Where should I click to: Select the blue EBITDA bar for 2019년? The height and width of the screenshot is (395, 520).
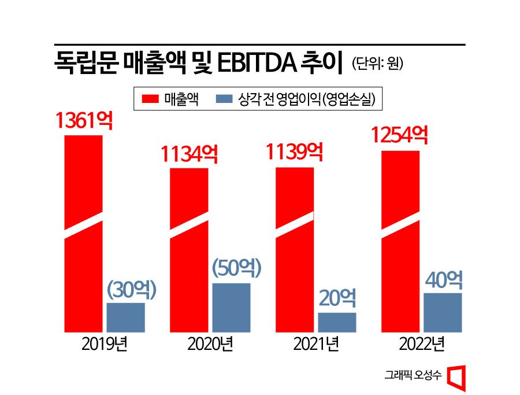point(125,318)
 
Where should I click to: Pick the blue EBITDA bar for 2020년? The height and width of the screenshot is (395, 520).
point(231,308)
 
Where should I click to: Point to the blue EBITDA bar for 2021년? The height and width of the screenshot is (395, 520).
point(337,322)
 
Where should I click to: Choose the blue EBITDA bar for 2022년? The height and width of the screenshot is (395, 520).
point(443,312)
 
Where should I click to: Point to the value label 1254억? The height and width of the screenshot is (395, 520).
point(399,136)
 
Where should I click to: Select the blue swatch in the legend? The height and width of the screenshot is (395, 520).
point(224,99)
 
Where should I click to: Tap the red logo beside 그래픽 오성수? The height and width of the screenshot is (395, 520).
point(457,376)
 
